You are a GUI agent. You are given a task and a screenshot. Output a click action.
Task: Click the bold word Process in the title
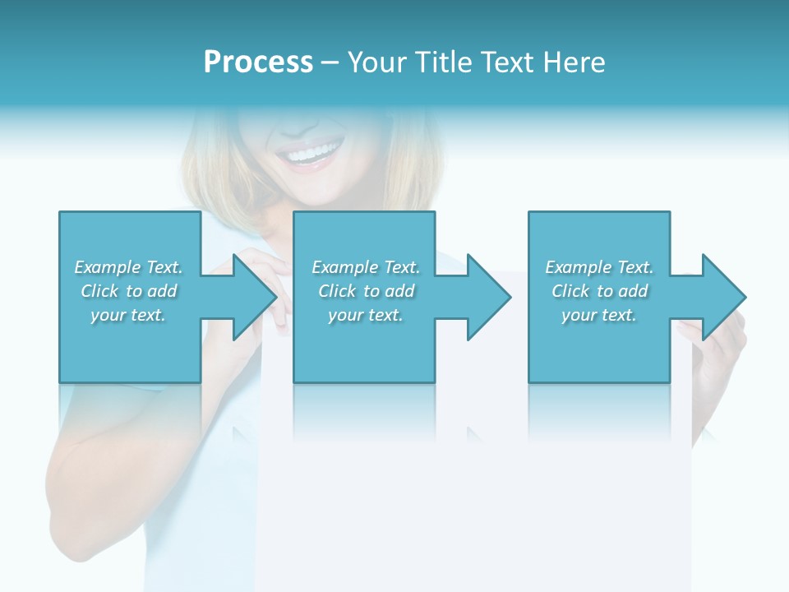(x=258, y=62)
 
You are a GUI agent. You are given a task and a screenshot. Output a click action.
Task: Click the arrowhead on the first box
(x=256, y=297)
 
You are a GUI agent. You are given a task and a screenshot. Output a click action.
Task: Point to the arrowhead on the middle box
(x=490, y=297)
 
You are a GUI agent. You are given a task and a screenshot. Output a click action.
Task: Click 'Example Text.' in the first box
(x=128, y=267)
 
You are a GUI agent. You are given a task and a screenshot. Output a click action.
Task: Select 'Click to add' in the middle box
(x=366, y=291)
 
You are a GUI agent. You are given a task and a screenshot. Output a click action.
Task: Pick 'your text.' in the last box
(x=599, y=315)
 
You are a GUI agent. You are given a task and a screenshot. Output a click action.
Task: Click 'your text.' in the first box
(x=128, y=315)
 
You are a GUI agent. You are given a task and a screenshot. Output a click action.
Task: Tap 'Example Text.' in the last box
(x=599, y=267)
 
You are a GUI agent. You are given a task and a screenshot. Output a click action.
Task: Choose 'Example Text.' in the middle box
(x=366, y=267)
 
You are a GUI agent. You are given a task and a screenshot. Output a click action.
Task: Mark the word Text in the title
(x=508, y=62)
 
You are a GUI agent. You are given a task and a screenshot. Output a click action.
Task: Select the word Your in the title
(x=377, y=62)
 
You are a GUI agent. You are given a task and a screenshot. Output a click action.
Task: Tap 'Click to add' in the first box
(x=128, y=291)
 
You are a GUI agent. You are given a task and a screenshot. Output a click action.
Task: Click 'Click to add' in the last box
(x=599, y=291)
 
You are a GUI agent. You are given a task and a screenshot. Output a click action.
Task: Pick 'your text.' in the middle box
(x=366, y=315)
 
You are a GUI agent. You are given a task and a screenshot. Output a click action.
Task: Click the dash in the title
(x=330, y=62)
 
